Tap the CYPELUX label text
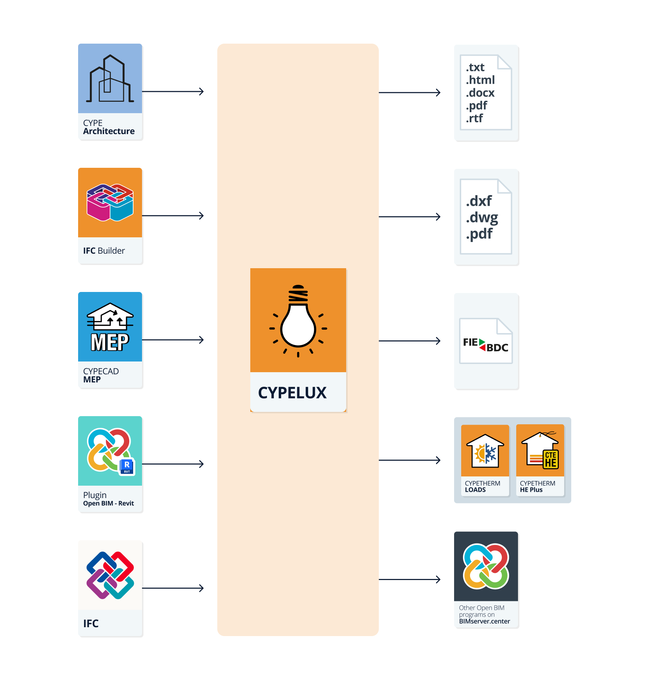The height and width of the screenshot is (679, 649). coord(292,393)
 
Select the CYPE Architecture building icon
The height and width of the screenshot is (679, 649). coord(110,79)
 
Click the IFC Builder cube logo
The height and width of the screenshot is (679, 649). coord(110,202)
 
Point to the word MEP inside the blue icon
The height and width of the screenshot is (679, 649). coord(110,342)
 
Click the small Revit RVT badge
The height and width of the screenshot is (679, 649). coord(127,467)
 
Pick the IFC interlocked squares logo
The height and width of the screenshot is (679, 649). coord(110,575)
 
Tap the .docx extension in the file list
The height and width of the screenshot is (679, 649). coord(480,93)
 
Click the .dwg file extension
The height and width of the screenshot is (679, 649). coord(482,217)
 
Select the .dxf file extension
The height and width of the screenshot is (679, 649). coord(479,201)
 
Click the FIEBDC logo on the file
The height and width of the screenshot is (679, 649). coord(486,344)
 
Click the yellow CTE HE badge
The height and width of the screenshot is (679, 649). coord(550,459)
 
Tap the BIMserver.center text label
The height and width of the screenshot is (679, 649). coord(484,621)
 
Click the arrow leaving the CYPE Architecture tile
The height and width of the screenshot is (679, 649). coord(173,92)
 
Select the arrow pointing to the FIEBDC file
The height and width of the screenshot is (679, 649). coord(410,341)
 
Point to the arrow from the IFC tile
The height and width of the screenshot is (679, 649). coord(173,588)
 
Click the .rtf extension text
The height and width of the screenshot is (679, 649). coord(474,118)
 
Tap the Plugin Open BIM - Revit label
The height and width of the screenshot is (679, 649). coord(108,499)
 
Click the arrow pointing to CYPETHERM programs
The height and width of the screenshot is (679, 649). coord(410,460)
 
